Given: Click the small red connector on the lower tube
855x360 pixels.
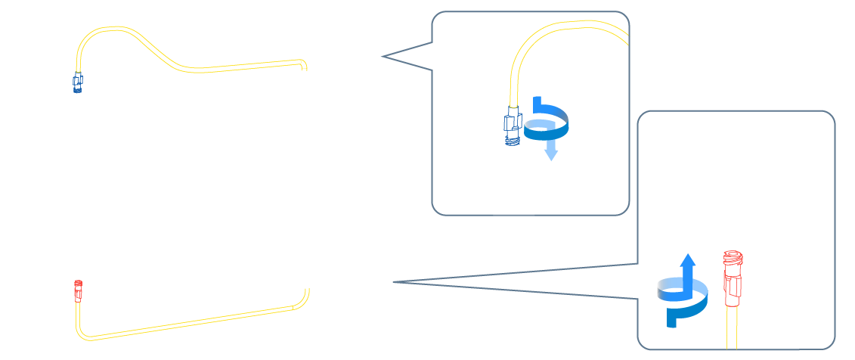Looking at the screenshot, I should coord(77,290).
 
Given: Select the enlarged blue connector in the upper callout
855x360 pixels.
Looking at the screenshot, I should coord(513,126).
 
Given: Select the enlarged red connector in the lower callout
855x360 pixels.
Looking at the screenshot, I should coord(732,279).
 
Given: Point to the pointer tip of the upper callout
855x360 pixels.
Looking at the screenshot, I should coord(383,56).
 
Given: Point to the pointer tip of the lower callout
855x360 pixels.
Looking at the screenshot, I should coord(395,282).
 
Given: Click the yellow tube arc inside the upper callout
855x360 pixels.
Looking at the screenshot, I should coord(544,34).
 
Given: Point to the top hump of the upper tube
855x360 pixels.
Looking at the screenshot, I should coord(113,29).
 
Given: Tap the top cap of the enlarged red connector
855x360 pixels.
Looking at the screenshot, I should coord(732,256).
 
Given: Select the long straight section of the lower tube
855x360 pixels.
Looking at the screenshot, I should coord(189,322).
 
